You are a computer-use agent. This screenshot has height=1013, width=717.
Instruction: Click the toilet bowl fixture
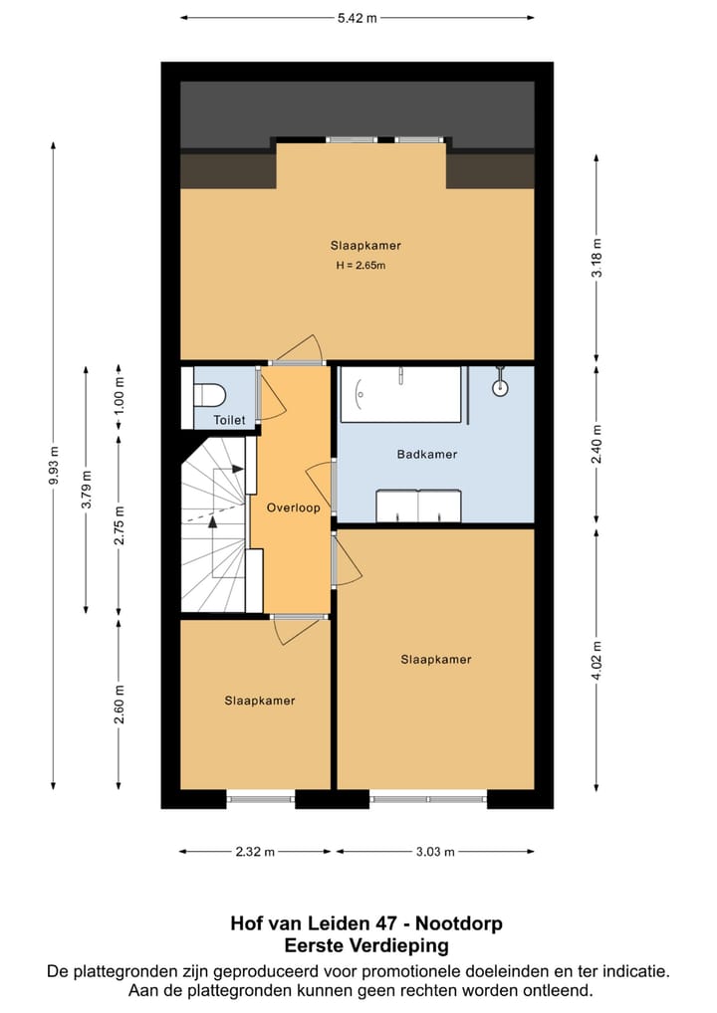(209, 394)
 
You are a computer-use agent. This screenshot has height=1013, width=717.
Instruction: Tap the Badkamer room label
(426, 454)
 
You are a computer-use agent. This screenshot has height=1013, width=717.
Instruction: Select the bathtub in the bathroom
(401, 394)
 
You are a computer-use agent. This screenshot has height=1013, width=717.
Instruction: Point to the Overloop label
(294, 507)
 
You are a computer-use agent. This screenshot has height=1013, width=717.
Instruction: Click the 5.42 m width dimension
(357, 18)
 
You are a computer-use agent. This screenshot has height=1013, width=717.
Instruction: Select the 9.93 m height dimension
(54, 465)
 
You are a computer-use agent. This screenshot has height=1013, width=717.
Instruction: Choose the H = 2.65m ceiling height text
(360, 265)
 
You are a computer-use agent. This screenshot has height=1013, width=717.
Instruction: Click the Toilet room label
(229, 420)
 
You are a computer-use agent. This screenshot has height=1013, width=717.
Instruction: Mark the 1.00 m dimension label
(119, 395)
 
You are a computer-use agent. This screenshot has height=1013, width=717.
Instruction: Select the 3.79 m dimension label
(86, 489)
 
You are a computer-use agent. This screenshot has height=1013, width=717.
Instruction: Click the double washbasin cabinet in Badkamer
(419, 506)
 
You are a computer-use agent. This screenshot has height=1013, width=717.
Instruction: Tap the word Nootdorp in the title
(459, 923)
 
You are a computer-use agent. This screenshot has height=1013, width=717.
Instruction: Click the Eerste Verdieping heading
(366, 945)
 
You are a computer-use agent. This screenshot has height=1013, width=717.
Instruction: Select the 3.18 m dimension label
(597, 258)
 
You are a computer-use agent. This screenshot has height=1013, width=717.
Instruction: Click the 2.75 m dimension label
(119, 524)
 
